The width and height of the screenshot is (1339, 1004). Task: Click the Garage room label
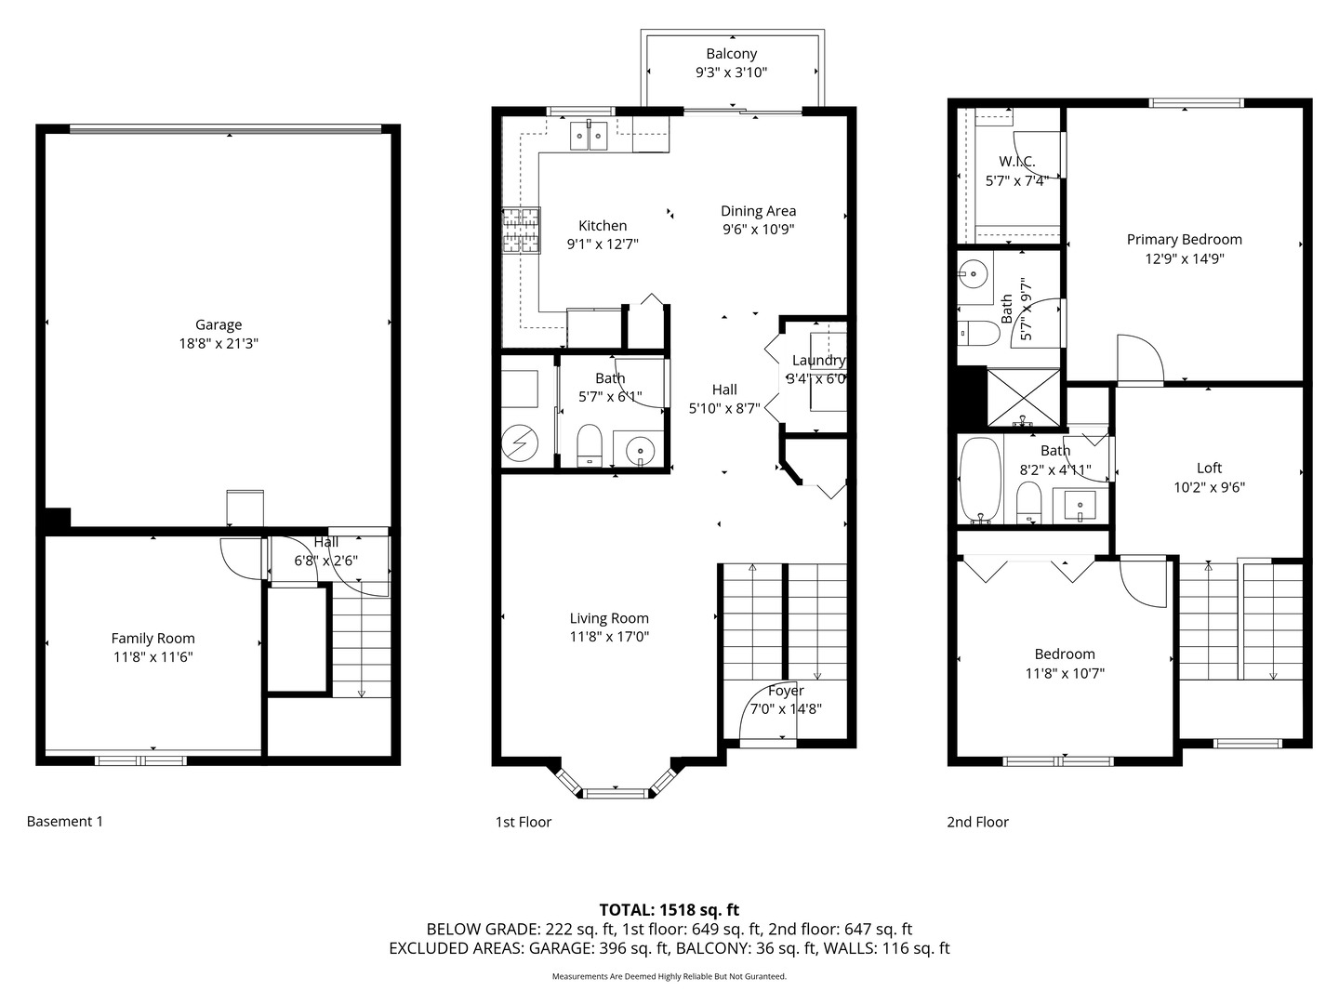pyautogui.click(x=219, y=325)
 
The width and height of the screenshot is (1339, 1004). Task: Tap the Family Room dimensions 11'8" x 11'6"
pyautogui.click(x=153, y=657)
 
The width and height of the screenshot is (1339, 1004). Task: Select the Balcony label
pyautogui.click(x=732, y=54)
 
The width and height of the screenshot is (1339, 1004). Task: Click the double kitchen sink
pyautogui.click(x=589, y=136)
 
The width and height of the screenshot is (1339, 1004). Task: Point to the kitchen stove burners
pyautogui.click(x=521, y=230)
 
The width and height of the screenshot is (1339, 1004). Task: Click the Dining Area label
pyautogui.click(x=758, y=211)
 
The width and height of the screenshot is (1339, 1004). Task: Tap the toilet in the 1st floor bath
pyautogui.click(x=590, y=445)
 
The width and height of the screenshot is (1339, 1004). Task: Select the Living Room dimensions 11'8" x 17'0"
pyautogui.click(x=609, y=637)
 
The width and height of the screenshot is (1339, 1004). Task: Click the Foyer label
pyautogui.click(x=786, y=691)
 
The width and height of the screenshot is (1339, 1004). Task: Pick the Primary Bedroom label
pyautogui.click(x=1184, y=240)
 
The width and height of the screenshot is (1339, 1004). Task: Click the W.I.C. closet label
pyautogui.click(x=1017, y=162)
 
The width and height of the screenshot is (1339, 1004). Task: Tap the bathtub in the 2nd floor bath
pyautogui.click(x=980, y=480)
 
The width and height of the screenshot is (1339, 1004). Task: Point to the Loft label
pyautogui.click(x=1209, y=469)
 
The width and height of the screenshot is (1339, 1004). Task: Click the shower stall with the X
pyautogui.click(x=1024, y=398)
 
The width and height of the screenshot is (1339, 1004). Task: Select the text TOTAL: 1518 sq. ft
pyautogui.click(x=669, y=910)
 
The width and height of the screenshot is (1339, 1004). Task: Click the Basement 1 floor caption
pyautogui.click(x=65, y=821)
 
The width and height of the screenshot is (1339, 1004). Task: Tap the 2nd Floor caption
pyautogui.click(x=977, y=822)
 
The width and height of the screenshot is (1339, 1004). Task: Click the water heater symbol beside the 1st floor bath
pyautogui.click(x=520, y=443)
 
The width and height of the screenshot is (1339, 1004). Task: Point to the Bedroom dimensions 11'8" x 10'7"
pyautogui.click(x=1065, y=674)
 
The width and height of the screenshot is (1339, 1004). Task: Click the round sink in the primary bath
pyautogui.click(x=973, y=273)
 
